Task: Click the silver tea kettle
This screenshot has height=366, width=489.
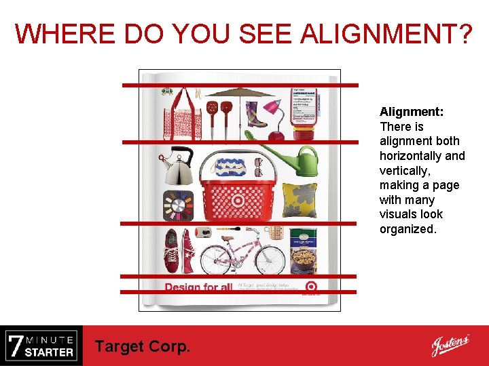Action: tap(178, 166)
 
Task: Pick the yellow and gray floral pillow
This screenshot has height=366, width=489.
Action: tap(300, 200)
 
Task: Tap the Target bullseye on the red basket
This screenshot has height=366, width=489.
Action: tap(238, 201)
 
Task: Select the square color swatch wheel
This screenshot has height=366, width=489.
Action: tap(178, 205)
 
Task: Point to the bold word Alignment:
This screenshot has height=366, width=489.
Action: tap(412, 112)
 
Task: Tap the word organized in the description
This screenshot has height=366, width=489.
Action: tap(407, 229)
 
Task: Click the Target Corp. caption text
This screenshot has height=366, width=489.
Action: tap(143, 346)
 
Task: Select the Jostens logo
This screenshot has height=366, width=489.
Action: tap(450, 346)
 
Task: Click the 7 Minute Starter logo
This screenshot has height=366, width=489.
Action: tap(41, 346)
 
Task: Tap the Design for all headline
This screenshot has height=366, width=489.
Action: tap(198, 287)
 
